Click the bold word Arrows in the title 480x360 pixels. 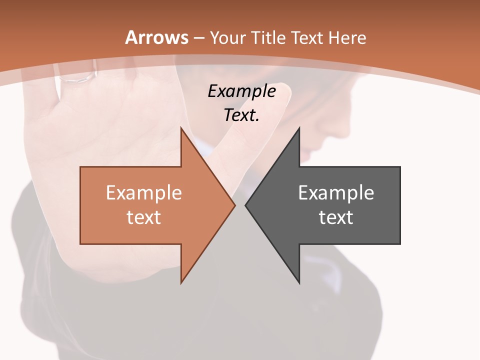pyautogui.click(x=157, y=37)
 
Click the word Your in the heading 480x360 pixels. pyautogui.click(x=228, y=37)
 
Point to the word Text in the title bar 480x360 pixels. pyautogui.click(x=307, y=37)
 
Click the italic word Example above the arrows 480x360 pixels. pyautogui.click(x=241, y=91)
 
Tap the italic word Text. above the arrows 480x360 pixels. pyautogui.click(x=241, y=115)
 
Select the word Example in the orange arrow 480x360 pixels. pyautogui.click(x=144, y=193)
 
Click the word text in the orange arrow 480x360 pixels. pyautogui.click(x=144, y=217)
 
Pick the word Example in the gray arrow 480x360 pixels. pyautogui.click(x=336, y=193)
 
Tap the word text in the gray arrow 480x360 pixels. pyautogui.click(x=336, y=217)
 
